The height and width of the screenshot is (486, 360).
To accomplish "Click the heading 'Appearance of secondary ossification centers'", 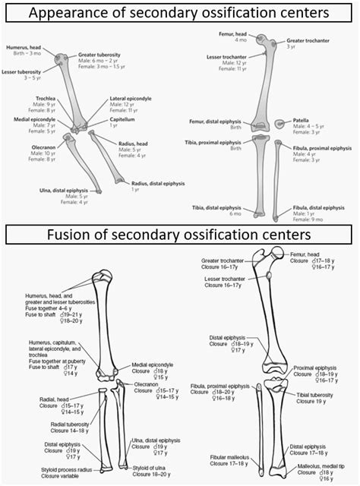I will [179, 14].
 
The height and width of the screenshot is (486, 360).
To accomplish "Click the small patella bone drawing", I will [282, 123].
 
